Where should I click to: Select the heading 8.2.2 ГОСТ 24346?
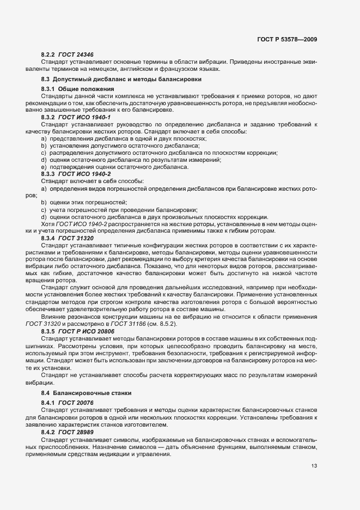tap(67, 55)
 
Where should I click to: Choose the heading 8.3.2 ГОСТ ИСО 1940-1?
tap(76, 117)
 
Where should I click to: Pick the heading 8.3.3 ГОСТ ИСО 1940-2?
tap(76, 173)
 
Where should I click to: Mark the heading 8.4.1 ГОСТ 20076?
tap(67, 402)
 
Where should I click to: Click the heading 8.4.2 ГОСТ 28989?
tap(67, 430)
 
